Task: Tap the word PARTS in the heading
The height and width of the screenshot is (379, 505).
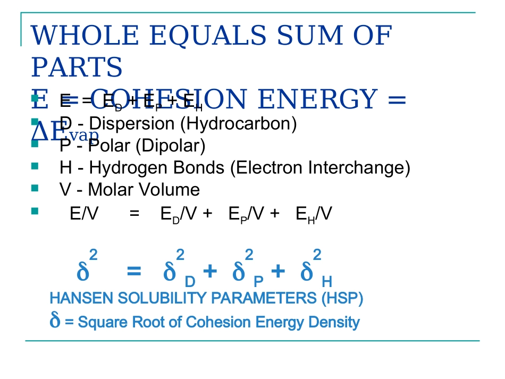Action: coord(77,67)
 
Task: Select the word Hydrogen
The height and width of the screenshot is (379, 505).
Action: coord(119,167)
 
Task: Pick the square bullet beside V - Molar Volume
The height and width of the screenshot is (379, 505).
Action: coord(35,188)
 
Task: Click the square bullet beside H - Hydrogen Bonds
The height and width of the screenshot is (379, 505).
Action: coord(35,166)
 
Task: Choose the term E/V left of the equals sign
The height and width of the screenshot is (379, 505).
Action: coord(84,214)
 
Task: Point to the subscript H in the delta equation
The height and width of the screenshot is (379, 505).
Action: coord(327,281)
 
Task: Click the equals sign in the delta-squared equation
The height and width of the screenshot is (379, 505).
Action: coord(134,272)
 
